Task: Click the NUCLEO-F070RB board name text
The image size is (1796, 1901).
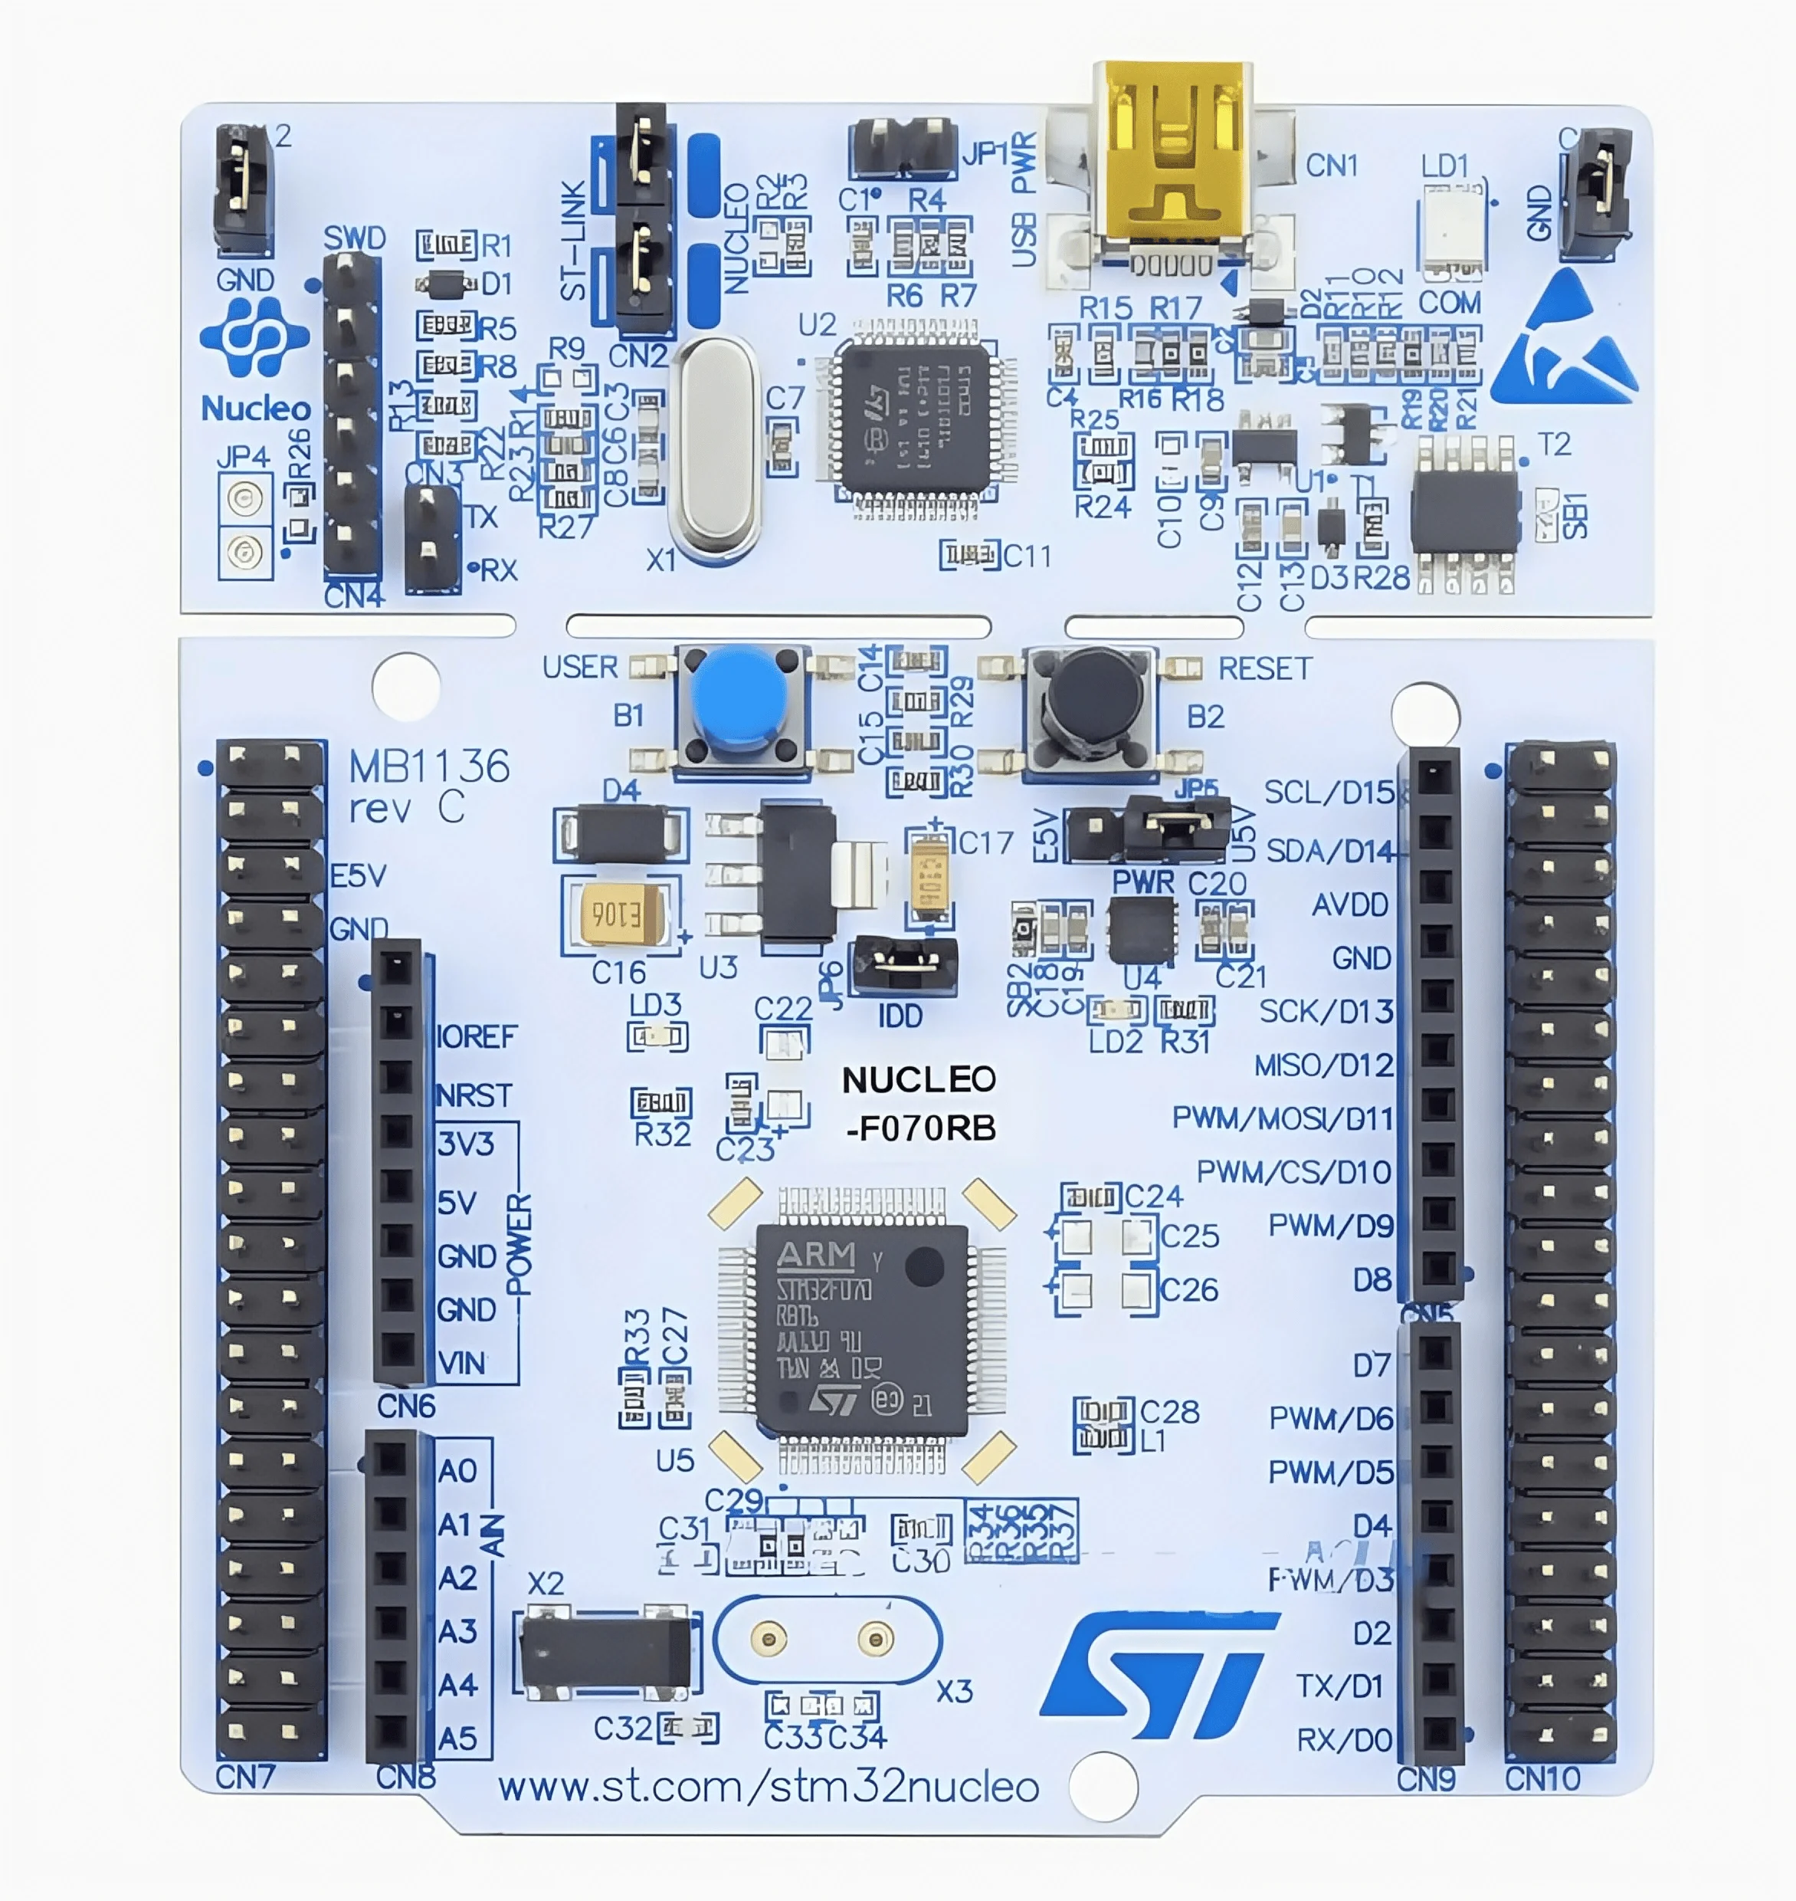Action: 919,1103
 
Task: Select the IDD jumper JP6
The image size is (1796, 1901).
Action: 903,964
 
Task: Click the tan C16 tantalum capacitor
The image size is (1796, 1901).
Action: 621,915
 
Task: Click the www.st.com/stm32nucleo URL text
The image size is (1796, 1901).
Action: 768,1787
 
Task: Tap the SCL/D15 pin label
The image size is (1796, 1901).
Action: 1328,792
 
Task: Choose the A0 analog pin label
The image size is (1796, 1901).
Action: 457,1470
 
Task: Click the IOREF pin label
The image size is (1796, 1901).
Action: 476,1036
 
